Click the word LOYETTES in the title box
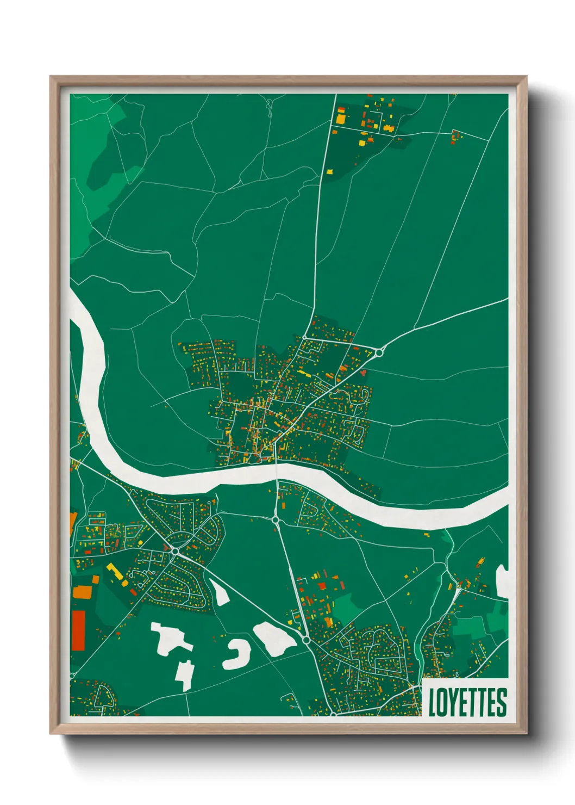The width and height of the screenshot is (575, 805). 467,702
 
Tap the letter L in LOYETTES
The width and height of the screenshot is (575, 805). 433,702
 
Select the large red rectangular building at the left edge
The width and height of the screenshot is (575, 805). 79,630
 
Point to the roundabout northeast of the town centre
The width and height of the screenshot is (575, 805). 379,352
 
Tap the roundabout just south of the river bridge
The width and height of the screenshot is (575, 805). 276,520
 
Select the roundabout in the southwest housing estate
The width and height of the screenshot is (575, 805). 175,551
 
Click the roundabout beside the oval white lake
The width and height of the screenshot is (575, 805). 307,640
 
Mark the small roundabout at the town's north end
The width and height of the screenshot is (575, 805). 304,338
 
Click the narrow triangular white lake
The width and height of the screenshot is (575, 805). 220,592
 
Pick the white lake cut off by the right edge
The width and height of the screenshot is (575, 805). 502,581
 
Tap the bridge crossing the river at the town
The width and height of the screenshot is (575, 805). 276,471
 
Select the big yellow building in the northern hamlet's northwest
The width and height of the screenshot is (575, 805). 340,117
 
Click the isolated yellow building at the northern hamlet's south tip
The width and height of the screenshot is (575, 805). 329,171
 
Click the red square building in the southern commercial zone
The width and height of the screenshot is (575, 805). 321,586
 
